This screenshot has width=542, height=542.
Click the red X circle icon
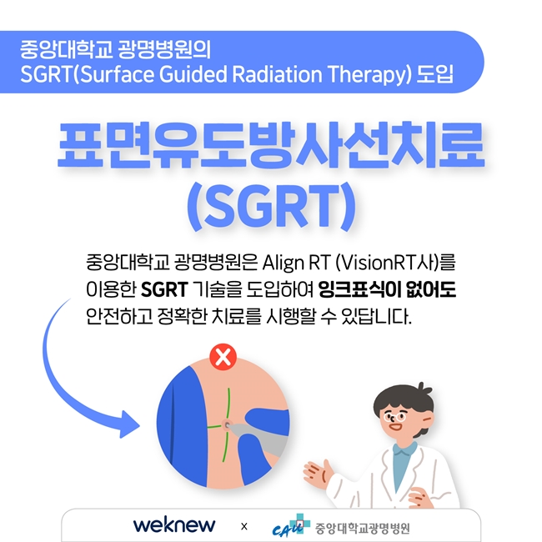point(223,357)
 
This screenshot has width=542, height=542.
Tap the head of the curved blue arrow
point(128,424)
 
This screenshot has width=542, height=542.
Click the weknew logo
point(174,525)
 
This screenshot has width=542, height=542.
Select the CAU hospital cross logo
point(291,525)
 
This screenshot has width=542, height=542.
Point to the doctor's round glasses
point(395,417)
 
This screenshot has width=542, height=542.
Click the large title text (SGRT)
point(271,206)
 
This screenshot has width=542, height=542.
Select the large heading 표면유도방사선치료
point(271,145)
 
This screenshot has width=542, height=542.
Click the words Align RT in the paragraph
point(296,263)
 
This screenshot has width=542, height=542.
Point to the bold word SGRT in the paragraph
point(164,289)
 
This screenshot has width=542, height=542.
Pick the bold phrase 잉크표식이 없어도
point(387,289)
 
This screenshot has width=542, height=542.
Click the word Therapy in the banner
point(367,74)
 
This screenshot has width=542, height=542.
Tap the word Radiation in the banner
point(277,74)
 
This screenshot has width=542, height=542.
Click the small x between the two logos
point(244,526)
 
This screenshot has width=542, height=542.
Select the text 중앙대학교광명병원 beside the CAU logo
point(362,528)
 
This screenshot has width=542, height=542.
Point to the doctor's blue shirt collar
point(405,449)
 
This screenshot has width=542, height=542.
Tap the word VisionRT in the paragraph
point(377,263)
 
